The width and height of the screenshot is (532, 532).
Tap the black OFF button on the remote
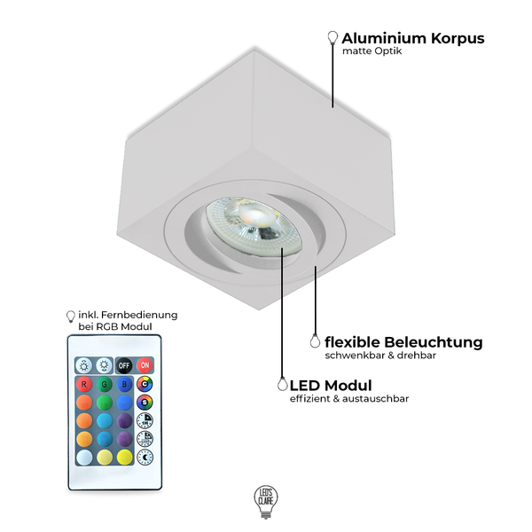(124, 365)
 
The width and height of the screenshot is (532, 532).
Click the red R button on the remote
(84, 385)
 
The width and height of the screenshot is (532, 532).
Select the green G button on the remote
(104, 385)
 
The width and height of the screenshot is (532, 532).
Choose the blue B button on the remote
(124, 385)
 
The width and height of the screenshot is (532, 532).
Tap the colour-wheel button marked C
(145, 384)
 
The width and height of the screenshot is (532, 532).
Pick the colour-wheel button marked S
(145, 403)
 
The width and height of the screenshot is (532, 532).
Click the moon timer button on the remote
(145, 458)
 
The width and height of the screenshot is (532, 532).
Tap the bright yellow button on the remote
(124, 458)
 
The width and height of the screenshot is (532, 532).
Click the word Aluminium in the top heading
(384, 38)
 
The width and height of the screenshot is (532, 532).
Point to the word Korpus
(458, 39)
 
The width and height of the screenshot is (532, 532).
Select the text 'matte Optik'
(372, 51)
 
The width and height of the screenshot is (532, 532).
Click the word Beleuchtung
(434, 342)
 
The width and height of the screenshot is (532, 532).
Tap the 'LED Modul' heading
(331, 386)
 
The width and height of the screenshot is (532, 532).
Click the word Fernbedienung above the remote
(139, 315)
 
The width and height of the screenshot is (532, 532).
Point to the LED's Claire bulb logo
(266, 502)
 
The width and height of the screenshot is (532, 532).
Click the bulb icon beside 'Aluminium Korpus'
(332, 37)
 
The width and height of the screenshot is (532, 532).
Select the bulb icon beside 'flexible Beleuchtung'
(315, 341)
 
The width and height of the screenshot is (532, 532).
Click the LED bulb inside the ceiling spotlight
(254, 225)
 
